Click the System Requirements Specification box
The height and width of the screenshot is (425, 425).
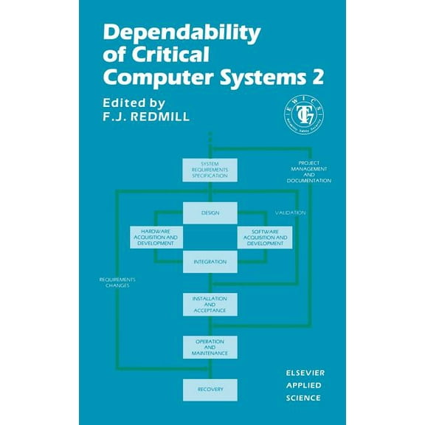pyautogui.click(x=210, y=170)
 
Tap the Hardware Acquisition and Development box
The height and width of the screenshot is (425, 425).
pyautogui.click(x=156, y=237)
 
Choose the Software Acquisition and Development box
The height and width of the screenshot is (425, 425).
pyautogui.click(x=265, y=237)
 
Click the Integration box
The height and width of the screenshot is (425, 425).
pyautogui.click(x=210, y=261)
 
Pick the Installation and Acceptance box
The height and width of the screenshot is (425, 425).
pyautogui.click(x=210, y=303)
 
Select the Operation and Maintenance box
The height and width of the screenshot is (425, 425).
pyautogui.click(x=210, y=347)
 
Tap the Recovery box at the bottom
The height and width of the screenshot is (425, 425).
pyautogui.click(x=210, y=389)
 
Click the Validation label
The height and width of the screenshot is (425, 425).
pyautogui.click(x=290, y=212)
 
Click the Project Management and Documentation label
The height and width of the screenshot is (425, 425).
pyautogui.click(x=309, y=170)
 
